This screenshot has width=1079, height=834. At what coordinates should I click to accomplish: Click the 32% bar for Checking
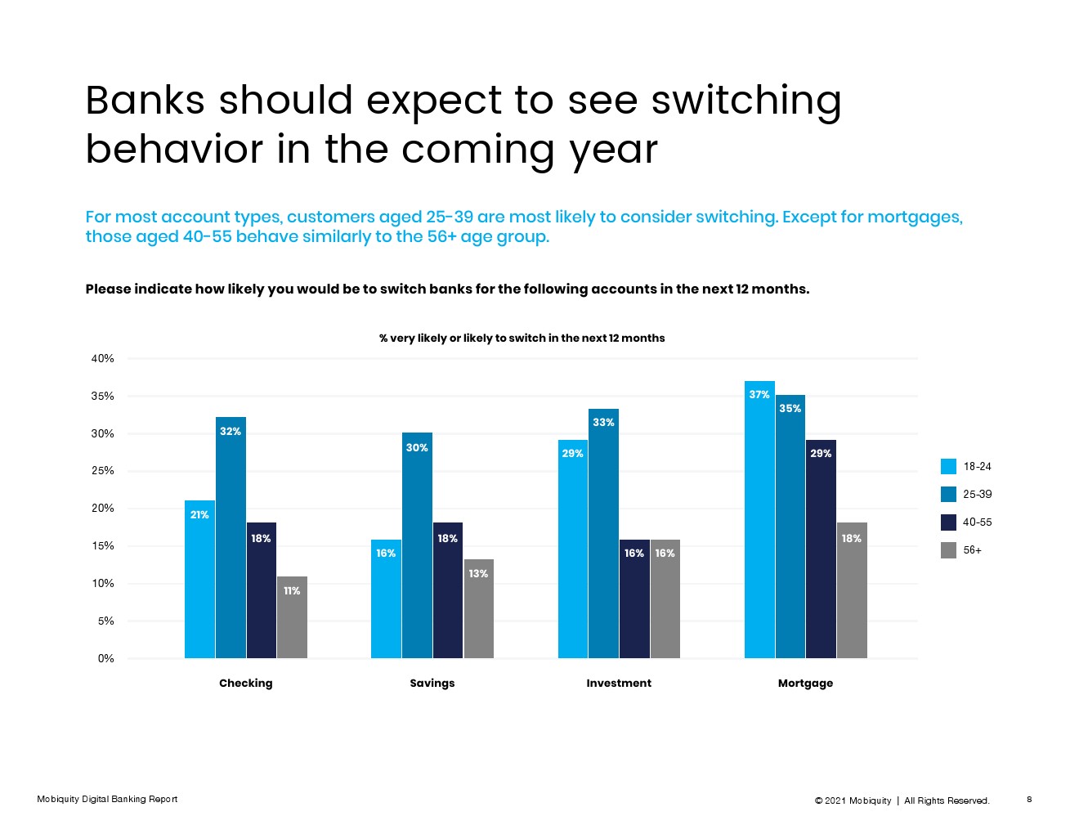[x=231, y=537]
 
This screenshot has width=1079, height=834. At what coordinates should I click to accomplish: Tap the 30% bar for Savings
[x=417, y=545]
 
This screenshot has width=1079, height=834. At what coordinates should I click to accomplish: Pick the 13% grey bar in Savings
[x=478, y=608]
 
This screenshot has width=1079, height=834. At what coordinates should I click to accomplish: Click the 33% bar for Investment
[x=603, y=533]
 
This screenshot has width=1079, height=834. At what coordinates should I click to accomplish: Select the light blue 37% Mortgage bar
[x=759, y=519]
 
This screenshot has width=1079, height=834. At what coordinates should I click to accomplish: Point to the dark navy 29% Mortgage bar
[x=821, y=549]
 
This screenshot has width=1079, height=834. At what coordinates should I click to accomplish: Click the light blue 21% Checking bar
[x=199, y=579]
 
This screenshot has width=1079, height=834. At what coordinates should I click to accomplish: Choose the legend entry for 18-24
[x=966, y=466]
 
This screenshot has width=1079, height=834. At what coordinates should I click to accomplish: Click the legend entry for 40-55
[x=966, y=522]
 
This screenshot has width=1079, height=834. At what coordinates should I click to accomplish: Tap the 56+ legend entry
[x=961, y=549]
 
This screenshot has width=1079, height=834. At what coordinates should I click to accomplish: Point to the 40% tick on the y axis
[x=103, y=358]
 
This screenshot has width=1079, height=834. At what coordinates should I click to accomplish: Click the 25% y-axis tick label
[x=103, y=470]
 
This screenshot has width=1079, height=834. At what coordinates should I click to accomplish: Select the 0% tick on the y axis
[x=106, y=658]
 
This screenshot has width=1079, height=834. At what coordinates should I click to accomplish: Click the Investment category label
[x=619, y=683]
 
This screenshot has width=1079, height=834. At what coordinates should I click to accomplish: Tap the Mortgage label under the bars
[x=805, y=683]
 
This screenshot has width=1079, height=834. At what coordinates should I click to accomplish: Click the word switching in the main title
[x=745, y=101]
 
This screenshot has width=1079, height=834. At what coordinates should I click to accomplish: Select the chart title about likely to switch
[x=522, y=338]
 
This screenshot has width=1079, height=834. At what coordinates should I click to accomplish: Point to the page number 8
[x=1029, y=799]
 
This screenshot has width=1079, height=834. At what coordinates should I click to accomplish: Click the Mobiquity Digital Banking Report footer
[x=107, y=799]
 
